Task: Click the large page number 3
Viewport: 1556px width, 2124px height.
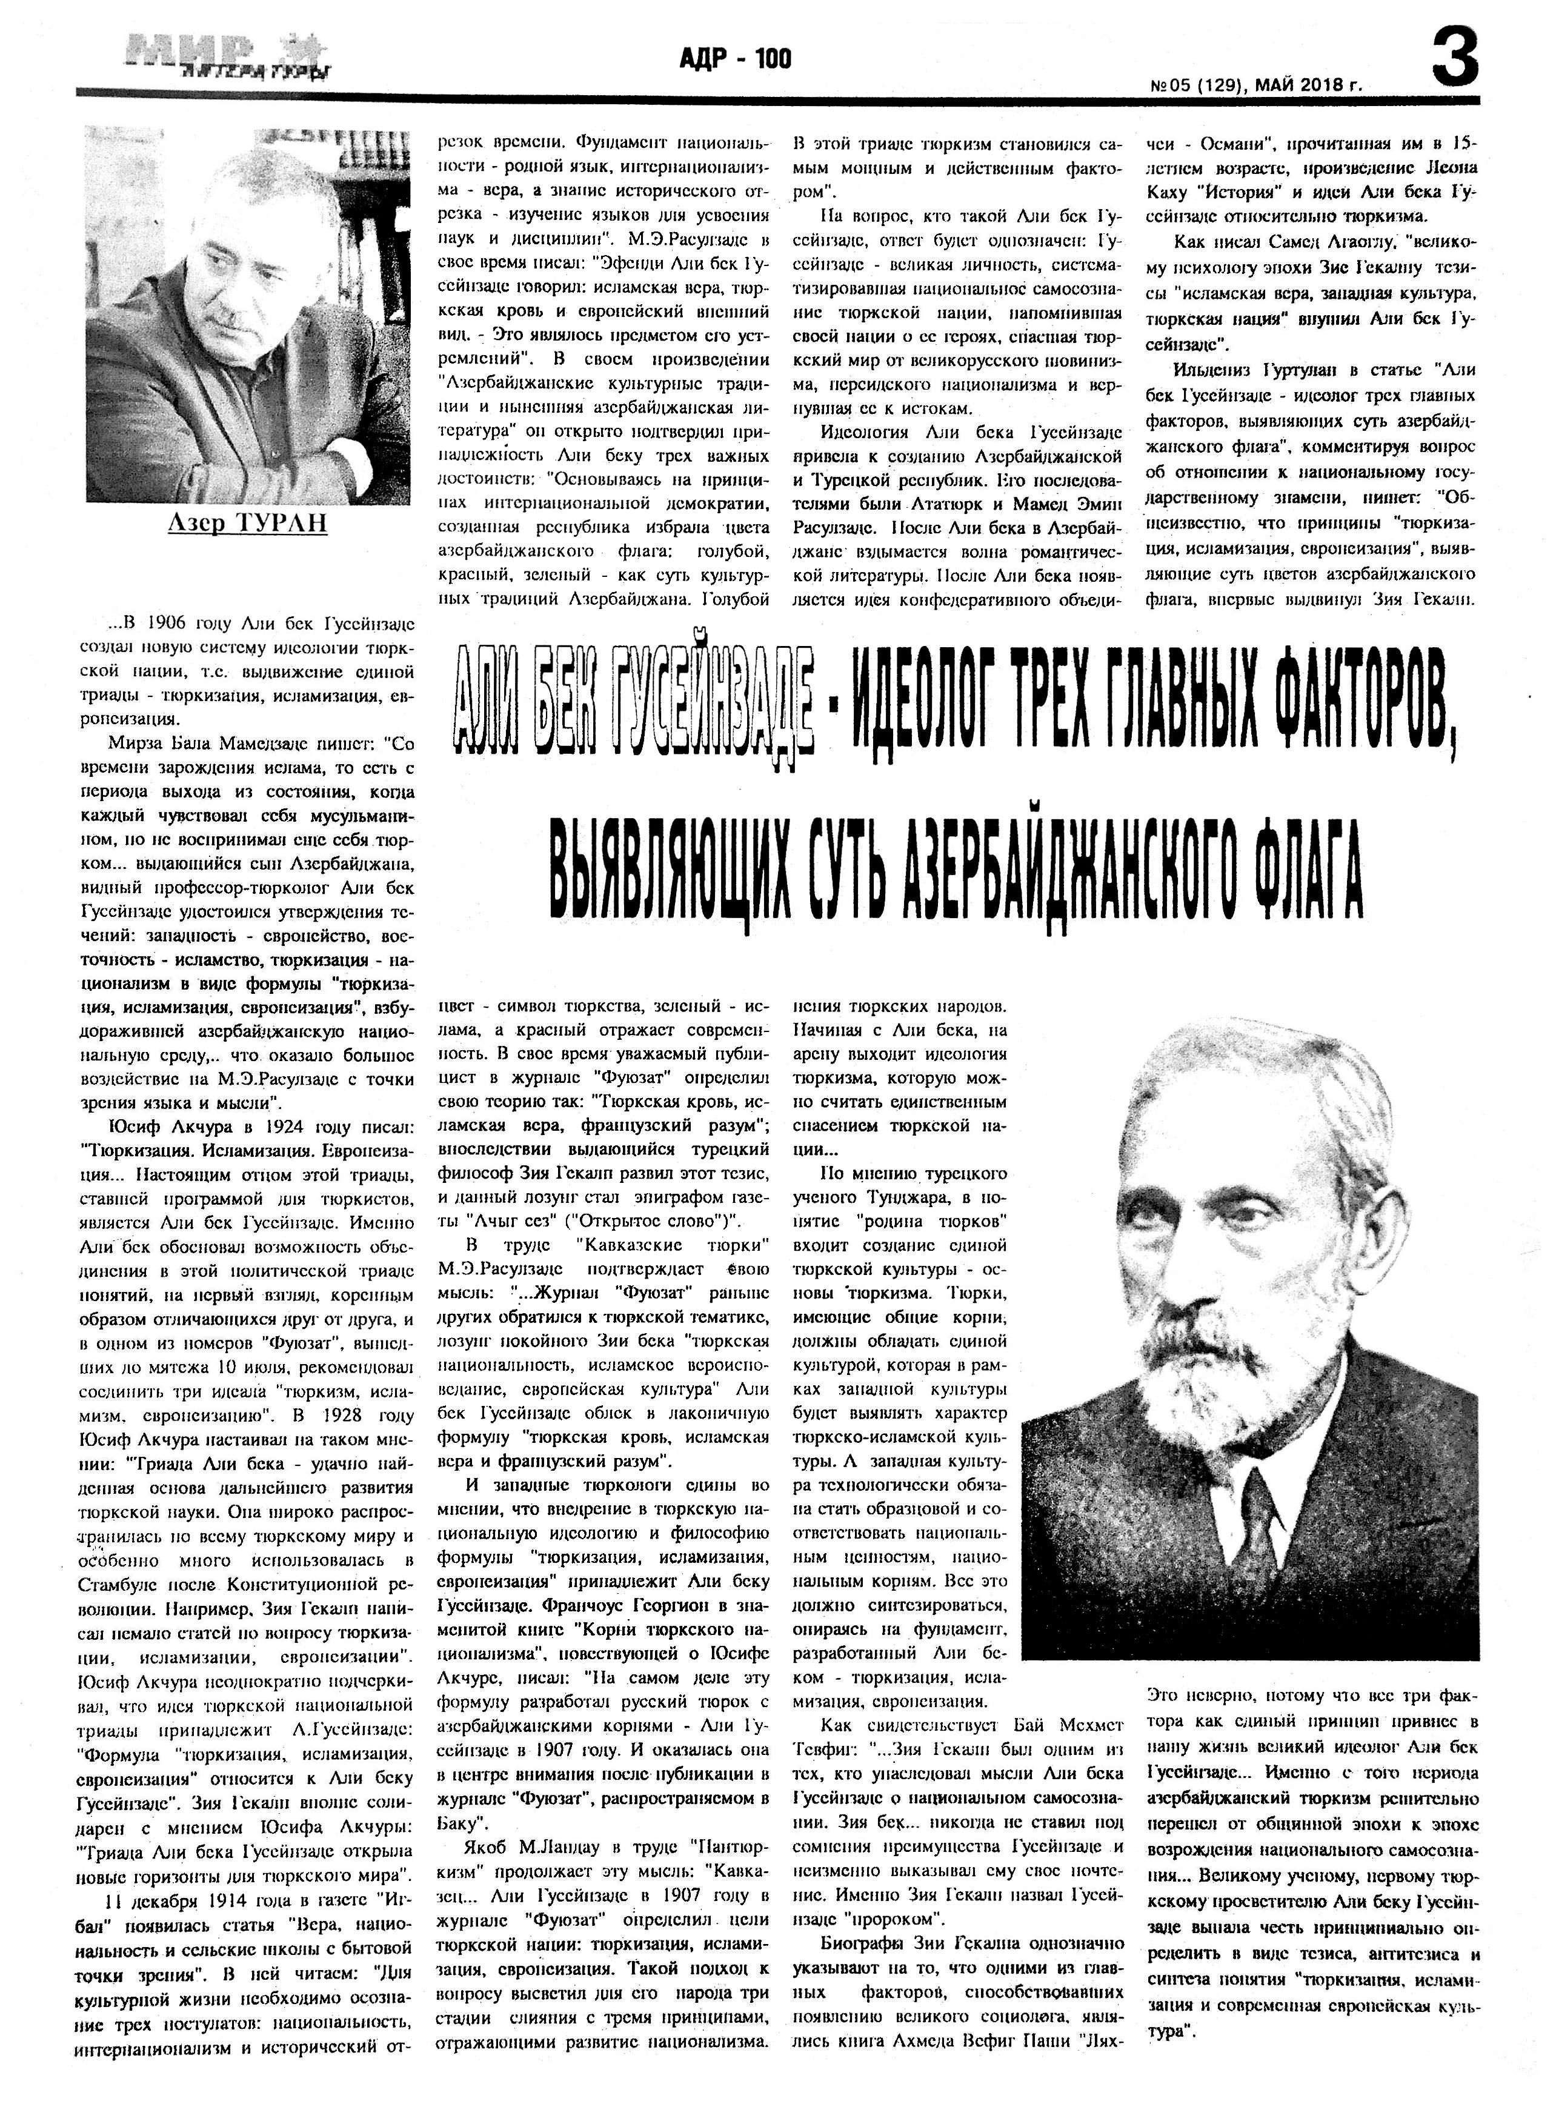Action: pos(1455,58)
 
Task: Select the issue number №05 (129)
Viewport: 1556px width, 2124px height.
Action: pos(1194,85)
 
